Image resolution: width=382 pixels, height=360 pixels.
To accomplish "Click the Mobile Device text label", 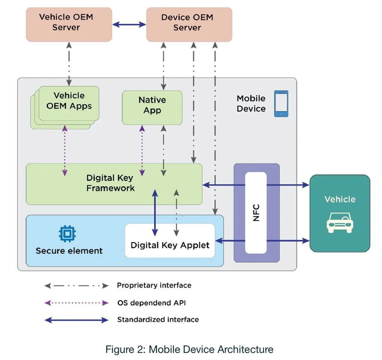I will (x=251, y=104).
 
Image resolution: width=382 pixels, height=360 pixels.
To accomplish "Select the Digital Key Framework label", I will (x=110, y=183).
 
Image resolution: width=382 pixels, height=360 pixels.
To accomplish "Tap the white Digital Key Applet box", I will (x=170, y=245).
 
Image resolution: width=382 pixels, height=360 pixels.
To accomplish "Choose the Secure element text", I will (x=69, y=251).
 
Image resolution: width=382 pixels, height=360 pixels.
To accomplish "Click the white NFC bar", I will (x=256, y=212).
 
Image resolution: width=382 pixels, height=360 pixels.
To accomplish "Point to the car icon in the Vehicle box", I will (x=340, y=222).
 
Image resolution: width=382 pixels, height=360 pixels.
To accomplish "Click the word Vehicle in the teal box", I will (x=340, y=199).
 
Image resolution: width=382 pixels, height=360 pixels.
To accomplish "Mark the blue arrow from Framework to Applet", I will (x=154, y=211).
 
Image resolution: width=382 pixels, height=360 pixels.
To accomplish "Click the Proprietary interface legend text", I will (x=154, y=286).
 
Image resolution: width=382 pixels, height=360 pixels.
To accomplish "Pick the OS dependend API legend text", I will (x=151, y=303).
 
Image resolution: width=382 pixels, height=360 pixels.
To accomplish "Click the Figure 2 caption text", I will (x=189, y=350).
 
